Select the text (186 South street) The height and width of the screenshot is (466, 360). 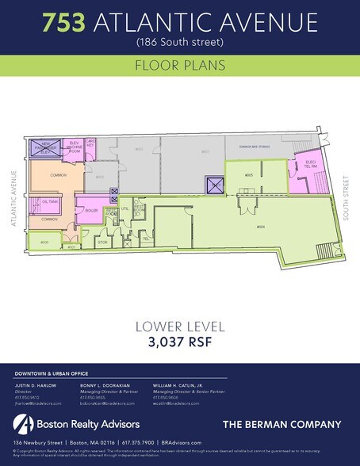coord(180,40)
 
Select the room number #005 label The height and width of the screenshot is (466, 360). coord(248,174)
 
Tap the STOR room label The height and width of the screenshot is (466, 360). coord(102,241)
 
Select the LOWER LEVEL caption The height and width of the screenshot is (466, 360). coord(180,326)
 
